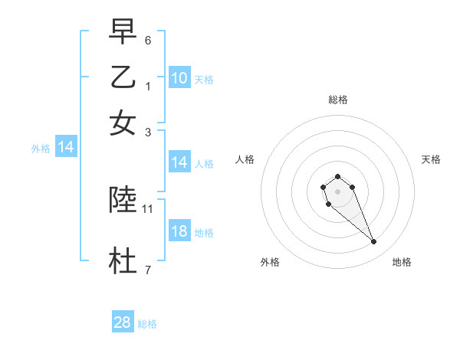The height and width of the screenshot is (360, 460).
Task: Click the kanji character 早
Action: [123, 31]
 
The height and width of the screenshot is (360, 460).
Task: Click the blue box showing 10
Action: [179, 78]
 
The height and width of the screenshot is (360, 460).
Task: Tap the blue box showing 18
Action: [179, 231]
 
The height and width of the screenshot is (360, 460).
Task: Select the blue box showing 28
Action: [123, 322]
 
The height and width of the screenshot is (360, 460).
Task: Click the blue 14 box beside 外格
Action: [66, 148]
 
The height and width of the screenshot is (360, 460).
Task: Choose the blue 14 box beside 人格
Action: [179, 162]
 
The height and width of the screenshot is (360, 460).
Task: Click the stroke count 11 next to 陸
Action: [148, 208]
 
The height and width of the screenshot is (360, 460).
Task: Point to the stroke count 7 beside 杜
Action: [147, 270]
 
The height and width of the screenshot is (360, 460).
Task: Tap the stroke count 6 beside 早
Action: [147, 40]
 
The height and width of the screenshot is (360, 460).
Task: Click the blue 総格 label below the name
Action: [147, 324]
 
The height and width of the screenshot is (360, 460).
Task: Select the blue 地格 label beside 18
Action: [204, 233]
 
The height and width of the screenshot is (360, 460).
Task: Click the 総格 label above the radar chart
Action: [337, 100]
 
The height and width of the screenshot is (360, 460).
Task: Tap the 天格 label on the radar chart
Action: [431, 159]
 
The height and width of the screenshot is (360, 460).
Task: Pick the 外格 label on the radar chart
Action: [270, 262]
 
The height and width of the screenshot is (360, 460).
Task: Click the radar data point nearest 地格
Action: [374, 242]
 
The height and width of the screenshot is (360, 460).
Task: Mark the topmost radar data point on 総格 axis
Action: [337, 177]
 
